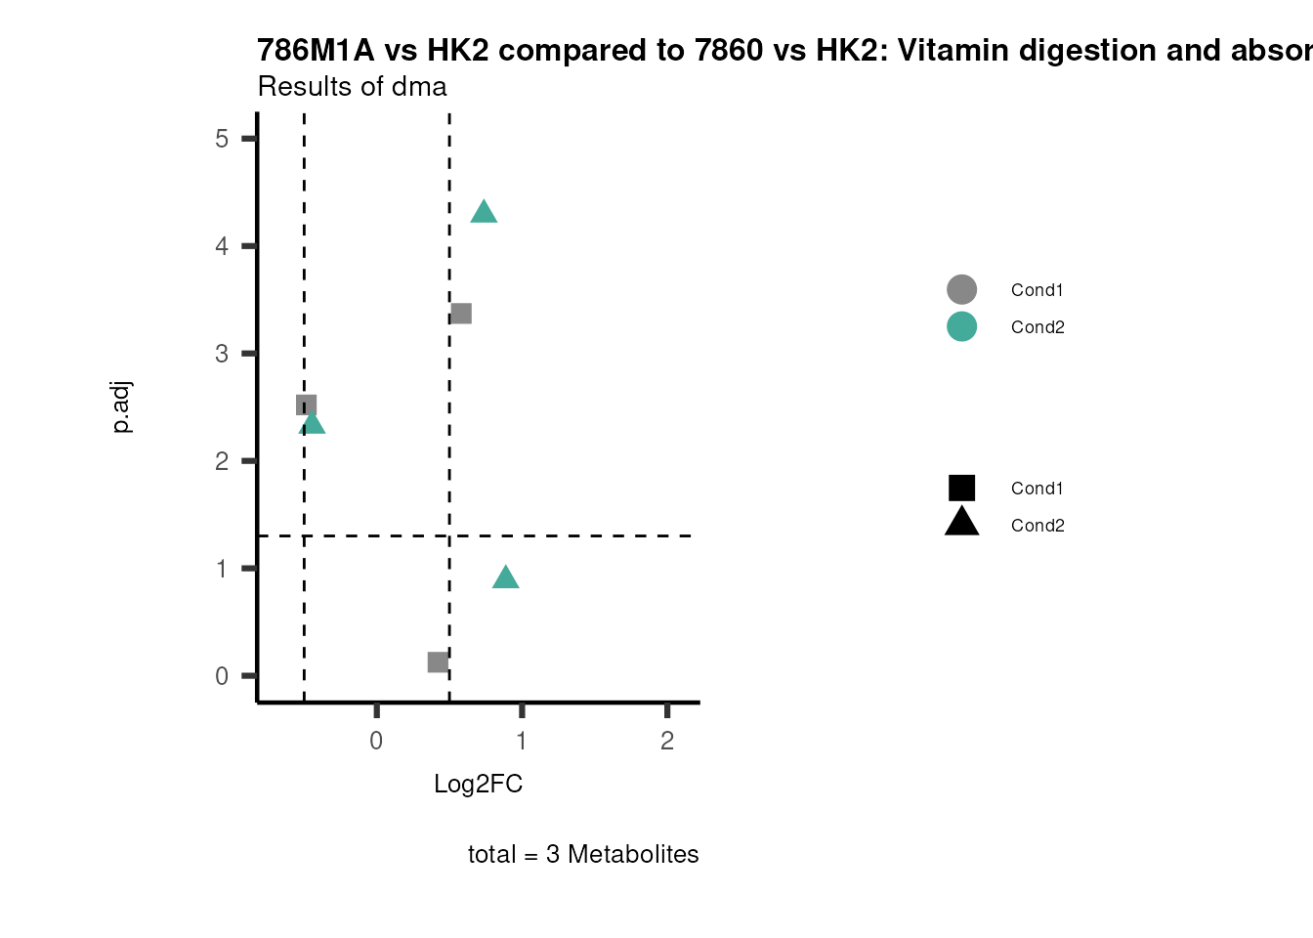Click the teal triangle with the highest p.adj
click(x=484, y=212)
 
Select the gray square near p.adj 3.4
click(x=461, y=314)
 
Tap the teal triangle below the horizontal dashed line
click(x=505, y=578)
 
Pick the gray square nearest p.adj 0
click(x=438, y=662)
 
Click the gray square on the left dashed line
click(x=306, y=405)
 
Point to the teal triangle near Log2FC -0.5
click(x=313, y=423)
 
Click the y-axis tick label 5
click(x=222, y=139)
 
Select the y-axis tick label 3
click(x=222, y=354)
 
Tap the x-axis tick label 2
click(x=667, y=741)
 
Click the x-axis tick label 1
click(x=522, y=741)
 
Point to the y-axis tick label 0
click(x=222, y=676)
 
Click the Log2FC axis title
click(x=478, y=784)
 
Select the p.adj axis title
click(x=121, y=407)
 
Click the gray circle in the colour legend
click(x=961, y=289)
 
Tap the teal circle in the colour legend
click(x=961, y=326)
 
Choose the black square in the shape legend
click(x=961, y=488)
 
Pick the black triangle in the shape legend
click(x=961, y=523)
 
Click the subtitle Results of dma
click(x=352, y=87)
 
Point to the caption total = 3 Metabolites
click(x=583, y=854)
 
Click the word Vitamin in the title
click(x=949, y=50)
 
